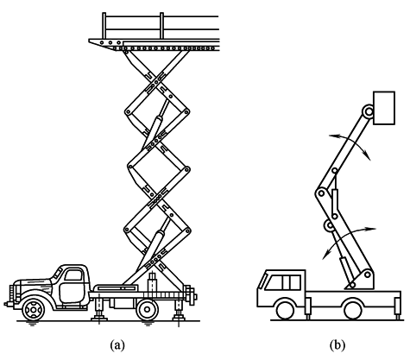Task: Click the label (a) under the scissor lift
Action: click(117, 344)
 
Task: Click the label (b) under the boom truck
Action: click(337, 344)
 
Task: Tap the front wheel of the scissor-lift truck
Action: click(34, 310)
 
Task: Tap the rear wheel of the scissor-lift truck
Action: click(148, 310)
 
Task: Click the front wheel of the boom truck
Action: click(285, 310)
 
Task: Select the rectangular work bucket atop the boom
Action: click(384, 108)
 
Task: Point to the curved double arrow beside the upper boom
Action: click(350, 142)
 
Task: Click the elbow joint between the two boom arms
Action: click(321, 193)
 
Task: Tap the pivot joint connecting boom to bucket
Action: click(368, 111)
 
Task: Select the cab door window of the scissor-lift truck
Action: click(73, 275)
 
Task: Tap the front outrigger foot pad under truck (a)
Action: click(99, 318)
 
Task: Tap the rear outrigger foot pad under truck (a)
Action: click(179, 318)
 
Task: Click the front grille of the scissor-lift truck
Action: click(12, 294)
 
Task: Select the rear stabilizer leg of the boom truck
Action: click(397, 308)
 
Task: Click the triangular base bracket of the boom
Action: click(362, 280)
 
